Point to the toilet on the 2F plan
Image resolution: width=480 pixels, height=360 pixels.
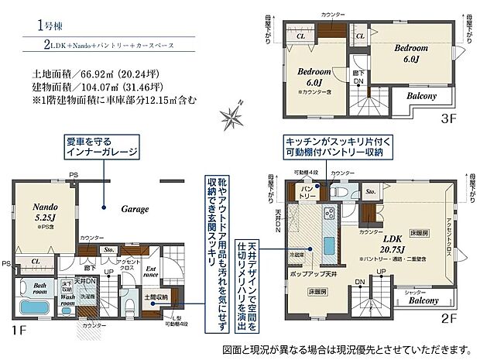[338, 190]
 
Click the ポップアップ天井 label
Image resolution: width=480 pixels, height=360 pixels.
[314, 275]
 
